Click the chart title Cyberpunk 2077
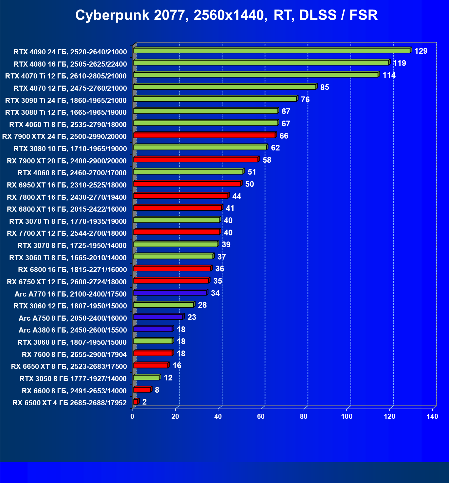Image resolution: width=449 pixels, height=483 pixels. [x=226, y=15]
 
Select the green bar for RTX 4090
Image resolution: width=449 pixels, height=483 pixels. [x=272, y=51]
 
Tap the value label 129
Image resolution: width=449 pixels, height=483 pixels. [x=421, y=51]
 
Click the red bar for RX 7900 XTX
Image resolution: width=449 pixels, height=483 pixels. [x=204, y=135]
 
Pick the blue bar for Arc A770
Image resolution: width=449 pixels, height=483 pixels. [x=170, y=293]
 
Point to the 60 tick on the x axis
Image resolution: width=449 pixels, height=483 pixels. [x=261, y=416]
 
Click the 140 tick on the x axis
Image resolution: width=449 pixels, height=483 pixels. [x=432, y=416]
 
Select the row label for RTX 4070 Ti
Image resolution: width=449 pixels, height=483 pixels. [x=66, y=76]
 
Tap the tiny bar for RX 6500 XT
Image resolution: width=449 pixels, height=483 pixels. [x=136, y=402]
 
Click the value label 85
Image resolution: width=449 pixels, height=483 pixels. [x=324, y=88]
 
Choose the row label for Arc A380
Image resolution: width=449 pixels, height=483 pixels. [x=73, y=330]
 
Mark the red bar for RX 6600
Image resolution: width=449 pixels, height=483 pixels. [x=142, y=390]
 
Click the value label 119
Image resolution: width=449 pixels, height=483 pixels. [x=399, y=64]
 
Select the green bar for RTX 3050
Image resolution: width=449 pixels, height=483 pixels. [x=146, y=377]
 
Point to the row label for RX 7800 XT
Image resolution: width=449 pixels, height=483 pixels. [x=67, y=197]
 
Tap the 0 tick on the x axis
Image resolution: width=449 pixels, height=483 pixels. [x=132, y=416]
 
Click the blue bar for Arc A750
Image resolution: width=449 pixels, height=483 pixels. [x=158, y=317]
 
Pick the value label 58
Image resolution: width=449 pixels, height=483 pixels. [x=267, y=160]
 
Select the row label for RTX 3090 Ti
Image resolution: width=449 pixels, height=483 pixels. [x=66, y=101]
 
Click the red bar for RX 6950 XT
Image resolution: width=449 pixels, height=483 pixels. [x=187, y=184]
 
